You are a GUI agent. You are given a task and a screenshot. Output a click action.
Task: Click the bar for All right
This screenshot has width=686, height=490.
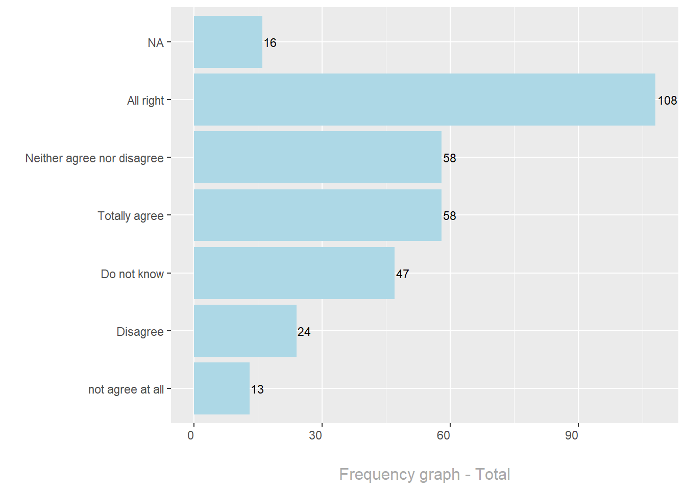point(424,100)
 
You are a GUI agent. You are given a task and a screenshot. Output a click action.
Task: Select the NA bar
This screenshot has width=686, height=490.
point(228,42)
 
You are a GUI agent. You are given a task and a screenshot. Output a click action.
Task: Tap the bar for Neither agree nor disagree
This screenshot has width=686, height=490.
point(317,157)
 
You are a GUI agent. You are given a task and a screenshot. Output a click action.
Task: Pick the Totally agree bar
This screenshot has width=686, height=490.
point(317,215)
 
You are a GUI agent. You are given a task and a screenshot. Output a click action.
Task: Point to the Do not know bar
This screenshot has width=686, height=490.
point(294,273)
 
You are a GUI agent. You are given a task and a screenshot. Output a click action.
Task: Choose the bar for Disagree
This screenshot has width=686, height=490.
point(245,331)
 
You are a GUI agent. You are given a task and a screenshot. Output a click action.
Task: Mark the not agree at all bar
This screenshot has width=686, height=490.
point(222,388)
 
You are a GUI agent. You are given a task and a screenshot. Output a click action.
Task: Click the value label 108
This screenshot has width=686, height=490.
point(667,101)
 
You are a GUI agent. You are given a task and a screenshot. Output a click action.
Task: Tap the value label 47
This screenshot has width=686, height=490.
point(402,274)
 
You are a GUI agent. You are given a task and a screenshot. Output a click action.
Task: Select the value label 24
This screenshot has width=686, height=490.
point(304,332)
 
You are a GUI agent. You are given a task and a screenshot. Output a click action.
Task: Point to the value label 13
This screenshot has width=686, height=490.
point(257,389)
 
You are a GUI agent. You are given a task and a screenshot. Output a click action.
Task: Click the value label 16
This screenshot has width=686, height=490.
point(270,43)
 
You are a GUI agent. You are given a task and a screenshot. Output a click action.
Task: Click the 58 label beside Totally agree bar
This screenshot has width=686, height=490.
point(449,216)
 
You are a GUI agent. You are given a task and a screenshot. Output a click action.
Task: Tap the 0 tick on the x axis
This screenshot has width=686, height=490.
point(191,435)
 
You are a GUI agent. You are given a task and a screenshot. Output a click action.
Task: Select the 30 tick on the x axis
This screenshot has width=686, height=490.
point(315,435)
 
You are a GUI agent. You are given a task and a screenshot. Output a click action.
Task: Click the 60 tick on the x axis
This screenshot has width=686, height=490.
point(444,435)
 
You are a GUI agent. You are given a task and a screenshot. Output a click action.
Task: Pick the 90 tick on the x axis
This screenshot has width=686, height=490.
point(572,435)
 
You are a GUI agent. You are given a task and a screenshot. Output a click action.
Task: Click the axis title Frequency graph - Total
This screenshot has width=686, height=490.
point(424,474)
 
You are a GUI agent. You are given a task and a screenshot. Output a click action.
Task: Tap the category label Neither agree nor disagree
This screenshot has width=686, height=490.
point(94,158)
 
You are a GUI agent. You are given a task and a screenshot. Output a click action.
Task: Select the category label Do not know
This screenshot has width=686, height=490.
point(132,274)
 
